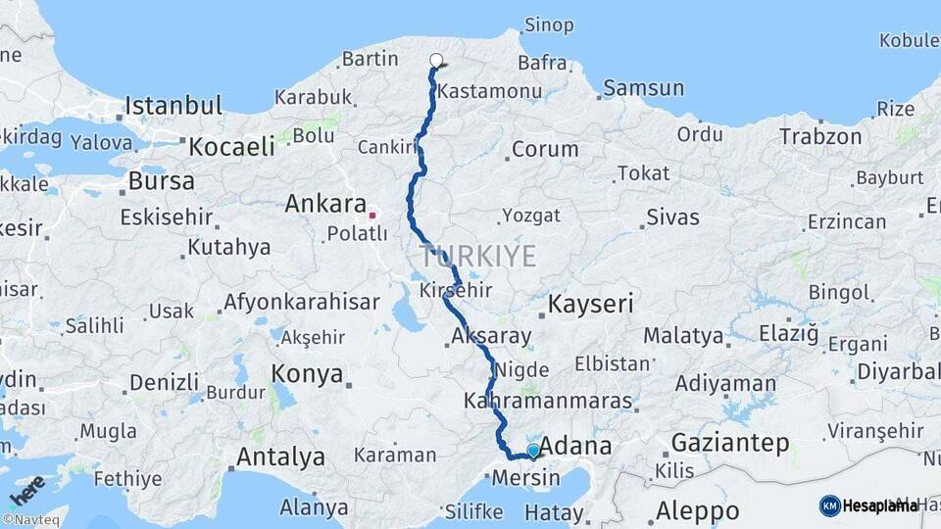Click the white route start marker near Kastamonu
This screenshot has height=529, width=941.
[436, 61]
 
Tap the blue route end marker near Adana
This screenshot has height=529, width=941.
[533, 451]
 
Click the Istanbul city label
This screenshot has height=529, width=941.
[173, 105]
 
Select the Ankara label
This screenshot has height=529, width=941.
[324, 204]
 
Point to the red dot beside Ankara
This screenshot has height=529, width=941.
[372, 214]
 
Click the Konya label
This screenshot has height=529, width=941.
[307, 373]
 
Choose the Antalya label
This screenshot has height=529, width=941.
[280, 457]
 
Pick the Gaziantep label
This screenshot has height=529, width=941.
[730, 444]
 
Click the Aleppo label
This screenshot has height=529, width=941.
[697, 510]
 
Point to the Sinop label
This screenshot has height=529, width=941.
[549, 24]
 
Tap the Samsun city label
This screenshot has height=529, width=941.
[643, 88]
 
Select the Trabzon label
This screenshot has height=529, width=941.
[820, 137]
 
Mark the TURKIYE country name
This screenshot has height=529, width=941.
[478, 257]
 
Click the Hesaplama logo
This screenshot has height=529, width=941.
[868, 505]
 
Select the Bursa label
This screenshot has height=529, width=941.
[161, 181]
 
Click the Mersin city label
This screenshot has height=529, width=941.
[526, 478]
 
